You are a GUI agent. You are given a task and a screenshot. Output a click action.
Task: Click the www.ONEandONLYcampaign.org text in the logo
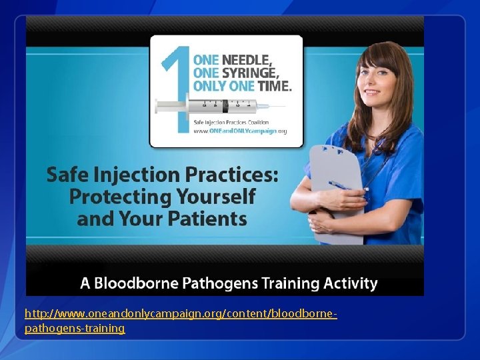[x=240, y=131]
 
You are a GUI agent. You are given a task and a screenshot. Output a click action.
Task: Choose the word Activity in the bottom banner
[x=350, y=283]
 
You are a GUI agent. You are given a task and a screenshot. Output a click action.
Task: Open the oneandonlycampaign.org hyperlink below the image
[x=180, y=313]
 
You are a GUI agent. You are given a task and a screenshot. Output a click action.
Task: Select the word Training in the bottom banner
[x=293, y=283]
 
